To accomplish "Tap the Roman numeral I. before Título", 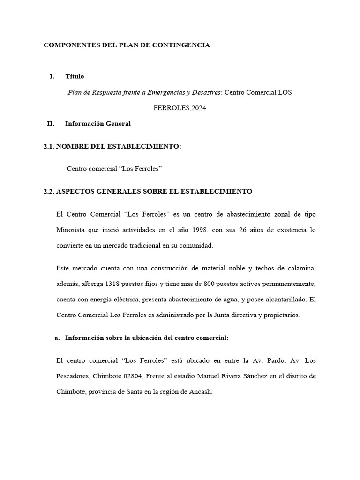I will tap(52, 76).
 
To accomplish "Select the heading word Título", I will tap(75, 76).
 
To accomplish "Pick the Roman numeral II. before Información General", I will tap(51, 124).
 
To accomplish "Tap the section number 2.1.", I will tap(48, 147).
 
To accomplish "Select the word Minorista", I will tap(70, 230).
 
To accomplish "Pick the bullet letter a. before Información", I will tap(58, 337).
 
